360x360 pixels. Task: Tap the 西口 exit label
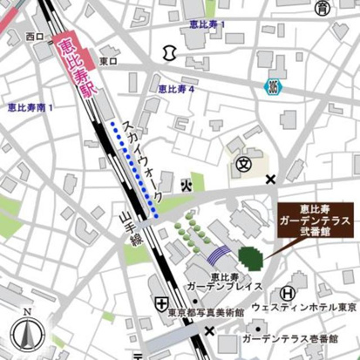click(x=35, y=37)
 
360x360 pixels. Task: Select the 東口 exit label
click(x=108, y=61)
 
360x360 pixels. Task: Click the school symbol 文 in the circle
click(x=244, y=162)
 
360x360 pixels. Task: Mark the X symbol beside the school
click(x=271, y=180)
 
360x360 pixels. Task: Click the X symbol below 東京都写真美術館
click(x=208, y=330)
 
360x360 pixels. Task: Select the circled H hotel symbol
click(x=287, y=294)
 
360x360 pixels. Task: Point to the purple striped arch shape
click(x=219, y=256)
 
